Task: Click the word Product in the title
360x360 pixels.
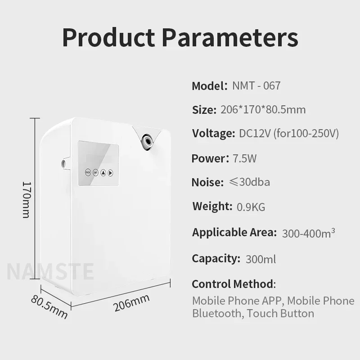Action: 108,37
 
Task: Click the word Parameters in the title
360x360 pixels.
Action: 230,37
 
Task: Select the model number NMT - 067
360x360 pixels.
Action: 256,85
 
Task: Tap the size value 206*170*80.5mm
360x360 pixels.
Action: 263,109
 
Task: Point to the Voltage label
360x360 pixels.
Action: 213,134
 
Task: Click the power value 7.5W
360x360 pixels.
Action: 244,158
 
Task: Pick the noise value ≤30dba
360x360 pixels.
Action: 250,182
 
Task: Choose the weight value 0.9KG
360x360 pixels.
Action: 251,207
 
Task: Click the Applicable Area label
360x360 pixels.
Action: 234,232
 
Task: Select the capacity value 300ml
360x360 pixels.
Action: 261,259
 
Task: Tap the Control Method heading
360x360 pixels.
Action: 234,284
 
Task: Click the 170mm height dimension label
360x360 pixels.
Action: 27,199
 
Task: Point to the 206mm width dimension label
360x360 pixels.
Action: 131,303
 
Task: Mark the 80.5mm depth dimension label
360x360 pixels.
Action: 49,307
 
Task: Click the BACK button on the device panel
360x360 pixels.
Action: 88,172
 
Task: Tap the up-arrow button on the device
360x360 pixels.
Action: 103,173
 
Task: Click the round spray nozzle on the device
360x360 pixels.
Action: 147,140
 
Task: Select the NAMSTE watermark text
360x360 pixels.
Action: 50,272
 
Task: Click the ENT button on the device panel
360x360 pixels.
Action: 95,173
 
